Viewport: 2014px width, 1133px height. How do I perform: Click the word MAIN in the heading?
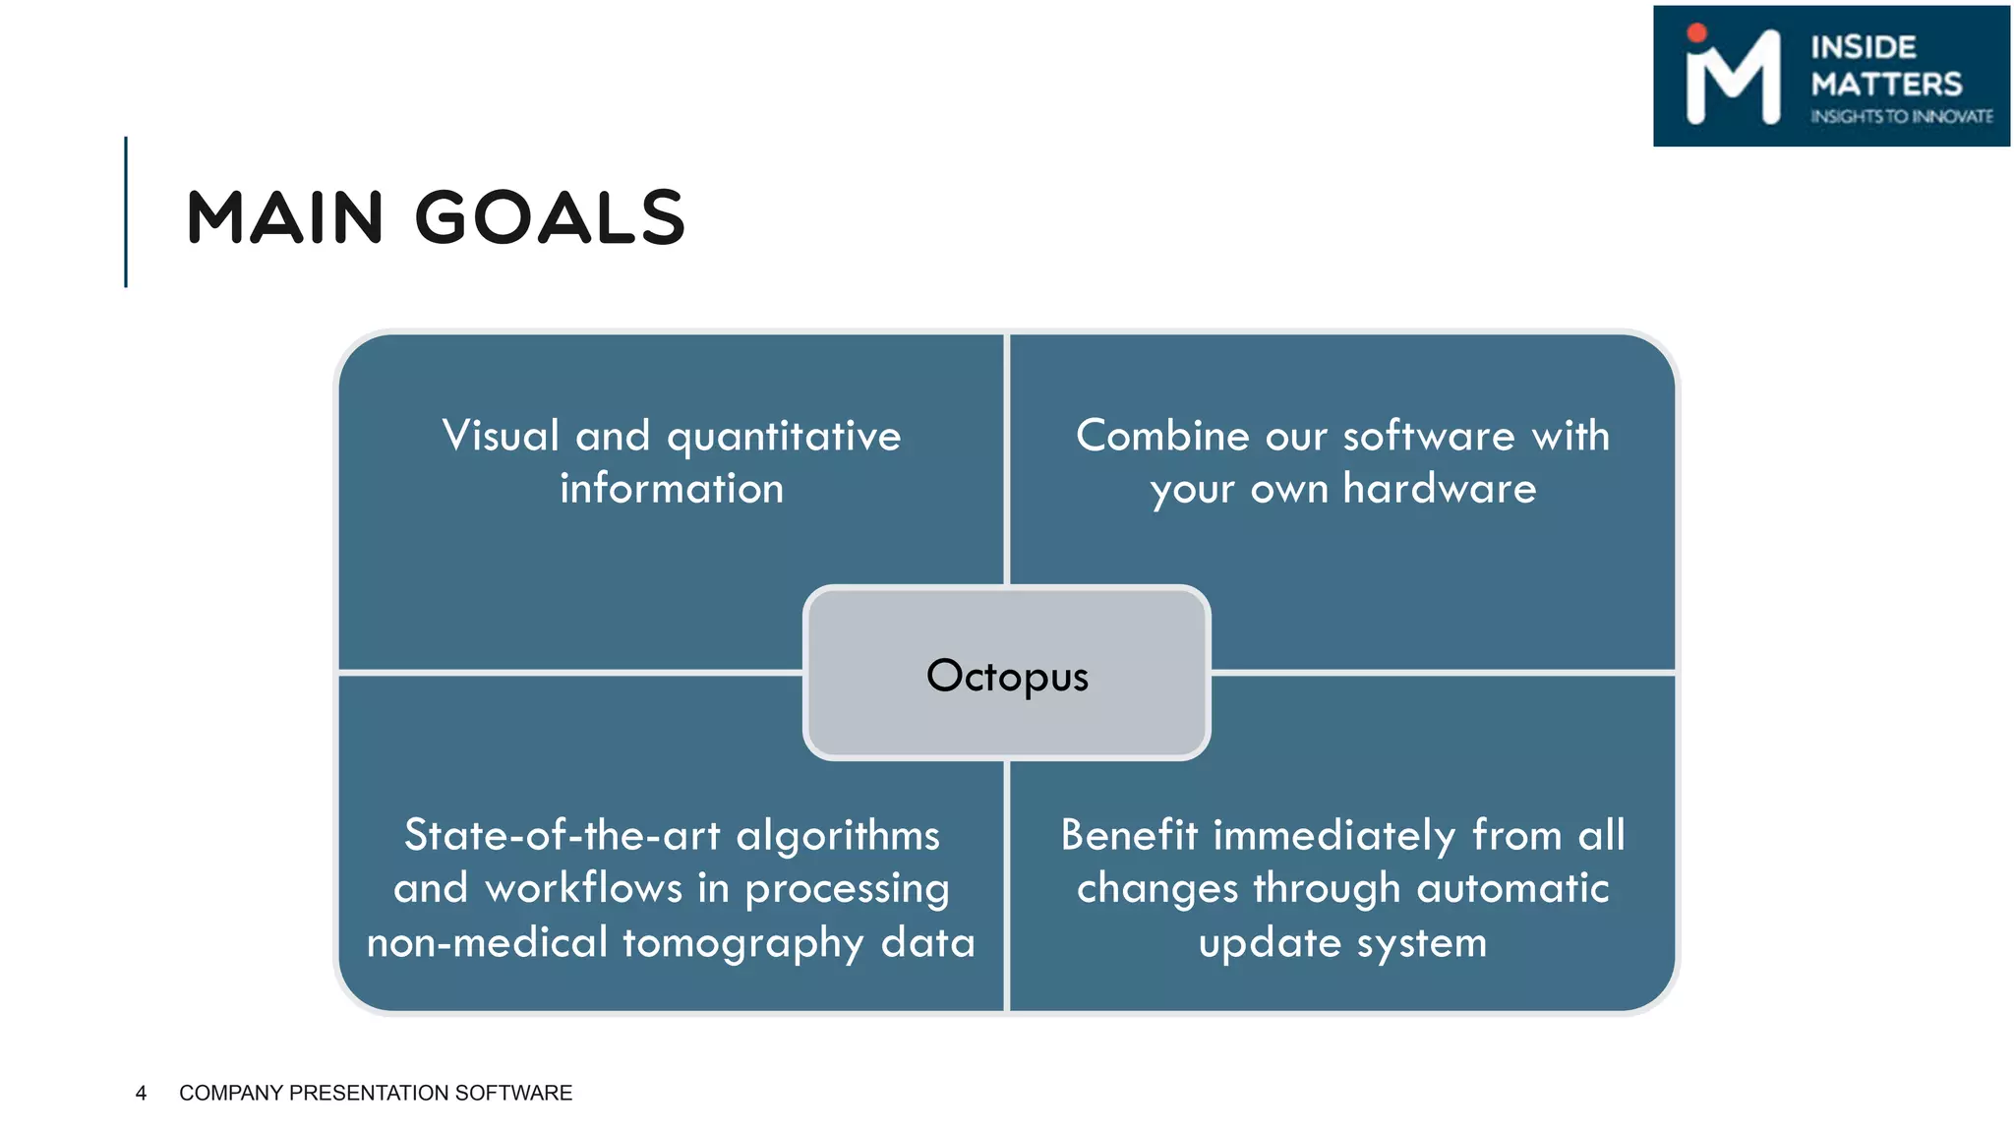[284, 217]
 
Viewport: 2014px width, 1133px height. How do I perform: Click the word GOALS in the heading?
[550, 217]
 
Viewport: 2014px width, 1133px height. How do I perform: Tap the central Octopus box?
[1006, 675]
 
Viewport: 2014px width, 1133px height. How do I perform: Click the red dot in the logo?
[1696, 32]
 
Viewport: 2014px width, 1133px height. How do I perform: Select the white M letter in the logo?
[1733, 81]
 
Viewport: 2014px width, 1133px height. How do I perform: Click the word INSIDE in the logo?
[1863, 47]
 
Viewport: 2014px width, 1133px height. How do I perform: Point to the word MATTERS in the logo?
[1886, 84]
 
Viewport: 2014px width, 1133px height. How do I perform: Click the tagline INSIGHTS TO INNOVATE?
[1901, 116]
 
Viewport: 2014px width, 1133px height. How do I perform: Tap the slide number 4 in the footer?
[141, 1093]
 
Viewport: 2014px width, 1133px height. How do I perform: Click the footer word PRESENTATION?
[370, 1093]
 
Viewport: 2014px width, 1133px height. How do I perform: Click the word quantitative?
[784, 436]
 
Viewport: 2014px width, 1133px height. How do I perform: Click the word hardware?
[1439, 489]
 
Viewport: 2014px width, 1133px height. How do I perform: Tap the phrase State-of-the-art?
[563, 836]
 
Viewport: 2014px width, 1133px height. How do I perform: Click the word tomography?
[742, 942]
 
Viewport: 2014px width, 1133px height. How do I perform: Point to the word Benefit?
[1129, 836]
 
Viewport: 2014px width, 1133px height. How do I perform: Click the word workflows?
[584, 888]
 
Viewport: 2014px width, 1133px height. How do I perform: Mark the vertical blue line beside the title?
[126, 211]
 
